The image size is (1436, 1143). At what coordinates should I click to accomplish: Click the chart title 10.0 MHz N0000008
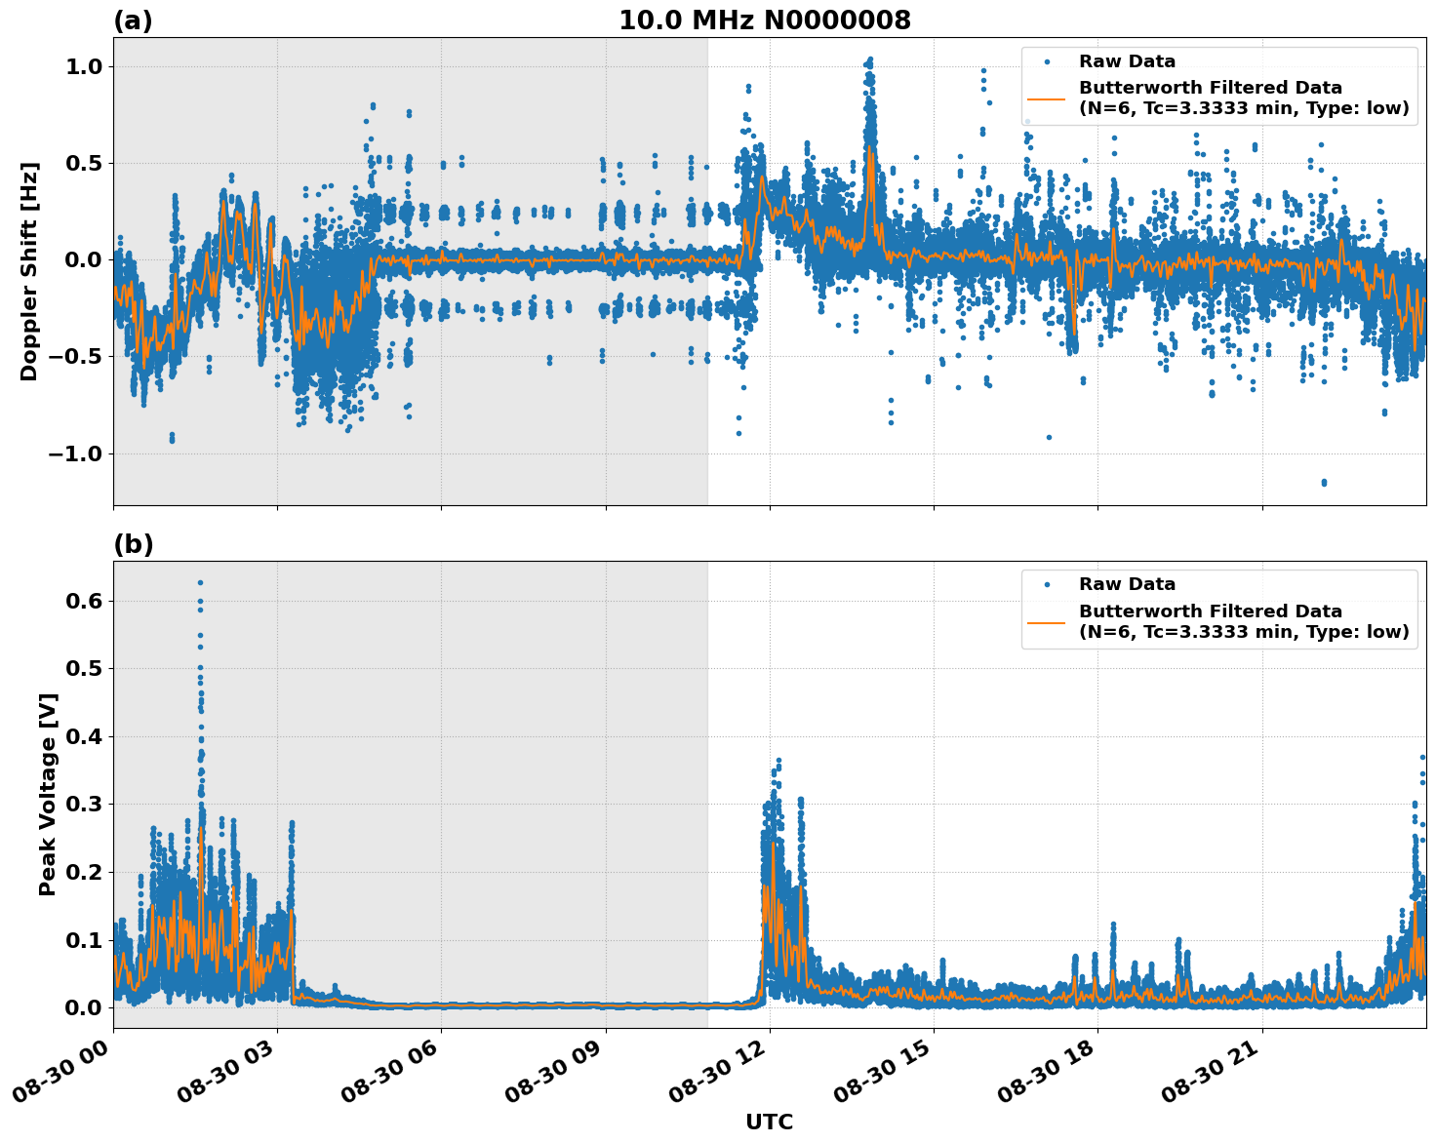coord(765,20)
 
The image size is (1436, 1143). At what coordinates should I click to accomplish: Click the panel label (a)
coord(133,20)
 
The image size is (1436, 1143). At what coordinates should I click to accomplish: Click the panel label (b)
coord(133,544)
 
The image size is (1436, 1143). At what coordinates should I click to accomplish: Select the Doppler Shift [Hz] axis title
coord(29,271)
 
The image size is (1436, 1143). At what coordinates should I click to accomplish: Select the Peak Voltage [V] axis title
coord(48,794)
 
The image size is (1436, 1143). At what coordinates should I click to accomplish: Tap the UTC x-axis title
coord(769,1122)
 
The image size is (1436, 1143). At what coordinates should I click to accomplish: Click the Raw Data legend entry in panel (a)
coord(1127,61)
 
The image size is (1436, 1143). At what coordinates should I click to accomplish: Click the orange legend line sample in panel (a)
coord(1047,98)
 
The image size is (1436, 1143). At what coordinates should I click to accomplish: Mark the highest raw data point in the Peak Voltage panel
coord(200,583)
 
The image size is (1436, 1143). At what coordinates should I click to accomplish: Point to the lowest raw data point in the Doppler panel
coord(1324,483)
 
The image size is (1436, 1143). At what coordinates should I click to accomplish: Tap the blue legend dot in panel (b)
coord(1047,584)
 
